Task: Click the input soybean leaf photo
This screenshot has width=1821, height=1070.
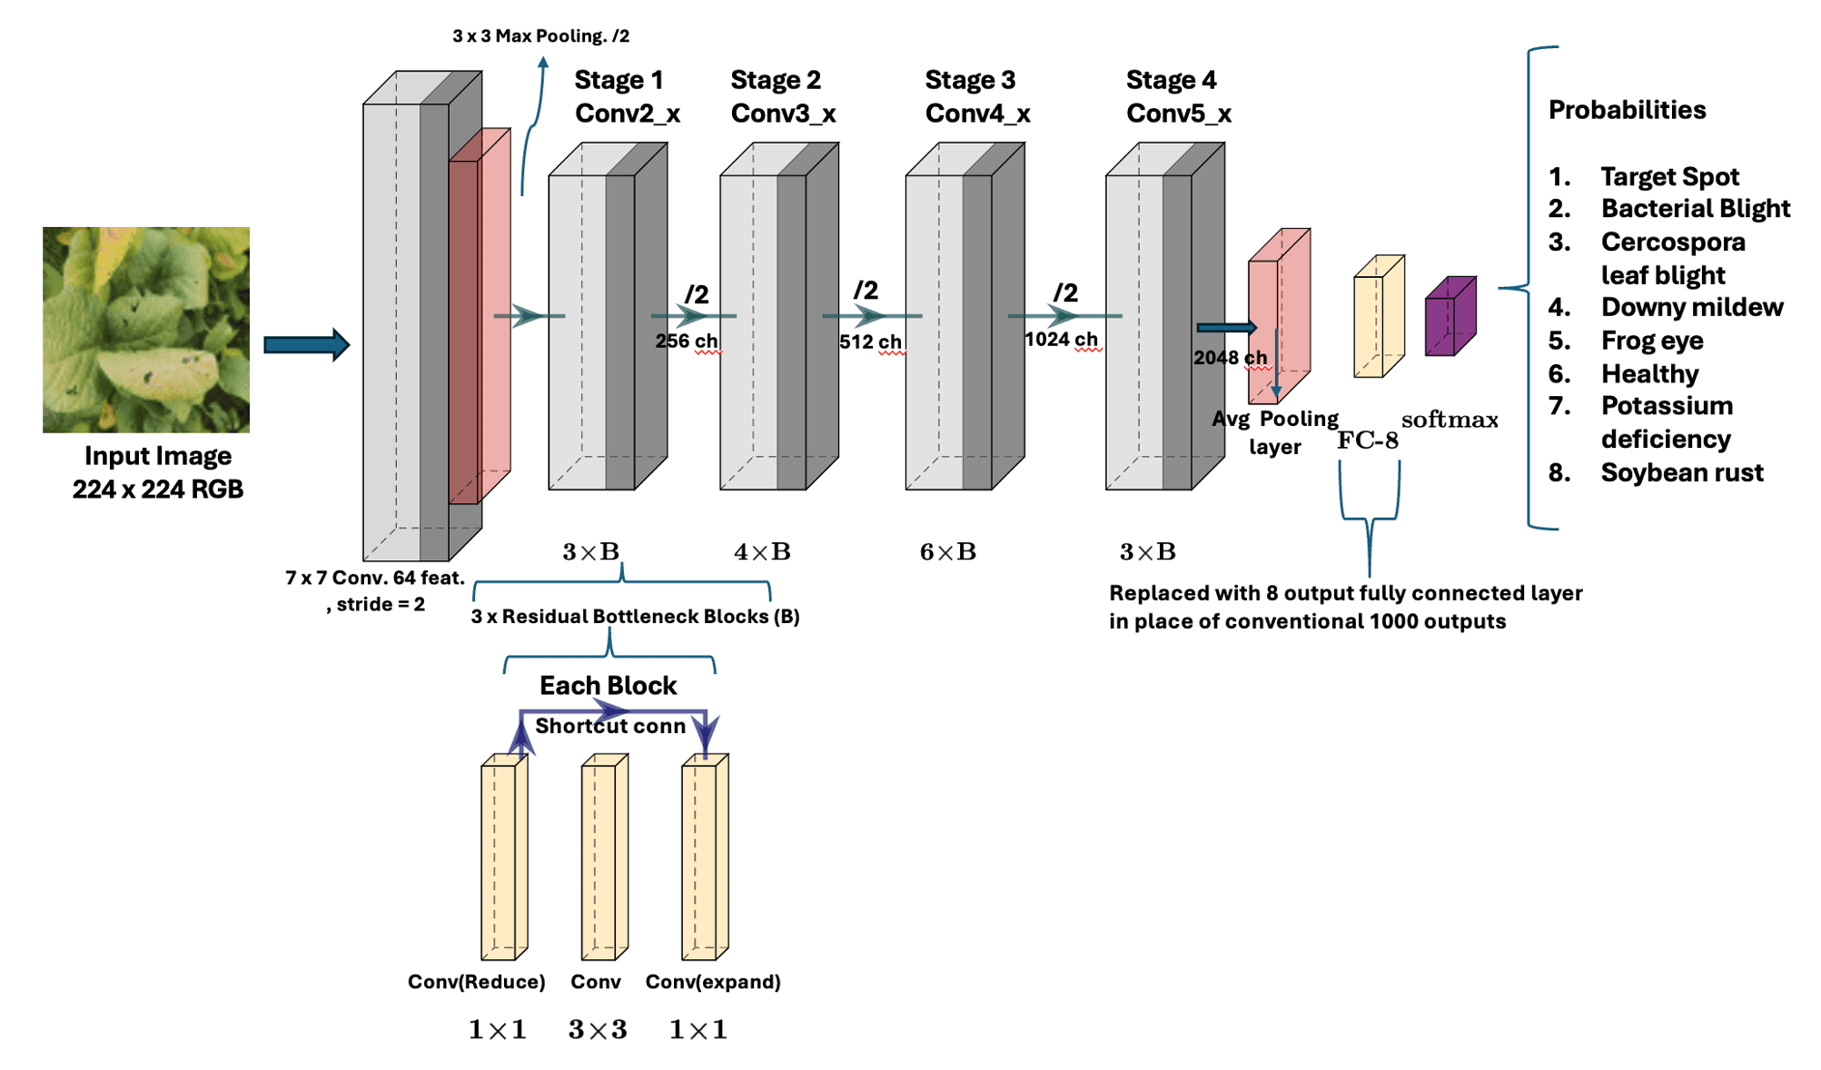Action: pos(145,329)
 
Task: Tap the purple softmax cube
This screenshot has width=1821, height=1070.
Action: pos(1450,318)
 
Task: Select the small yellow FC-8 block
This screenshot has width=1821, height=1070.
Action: pos(1378,318)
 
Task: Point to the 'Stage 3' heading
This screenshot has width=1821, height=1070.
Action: pos(969,80)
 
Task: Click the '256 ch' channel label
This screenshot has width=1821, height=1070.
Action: pos(686,342)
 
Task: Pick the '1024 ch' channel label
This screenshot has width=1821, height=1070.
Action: pos(1061,340)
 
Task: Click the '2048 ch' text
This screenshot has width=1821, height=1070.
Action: pos(1229,358)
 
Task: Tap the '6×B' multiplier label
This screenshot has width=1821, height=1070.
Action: pos(947,551)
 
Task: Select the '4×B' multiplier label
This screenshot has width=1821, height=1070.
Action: pos(761,551)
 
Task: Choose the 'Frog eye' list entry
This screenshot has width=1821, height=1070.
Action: pos(1651,341)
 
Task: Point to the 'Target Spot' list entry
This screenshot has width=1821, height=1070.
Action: pos(1668,176)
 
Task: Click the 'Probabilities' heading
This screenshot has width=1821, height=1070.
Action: pos(1626,110)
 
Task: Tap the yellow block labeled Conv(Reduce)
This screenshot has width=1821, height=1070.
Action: pos(503,858)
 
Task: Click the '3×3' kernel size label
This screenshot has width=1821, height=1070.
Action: pos(597,1029)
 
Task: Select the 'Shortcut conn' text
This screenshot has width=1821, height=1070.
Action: pos(609,727)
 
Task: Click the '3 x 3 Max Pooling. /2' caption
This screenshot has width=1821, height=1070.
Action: pos(540,36)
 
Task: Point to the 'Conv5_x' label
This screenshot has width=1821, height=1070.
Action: pos(1178,114)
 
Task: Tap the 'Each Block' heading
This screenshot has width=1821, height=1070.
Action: pos(608,686)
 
